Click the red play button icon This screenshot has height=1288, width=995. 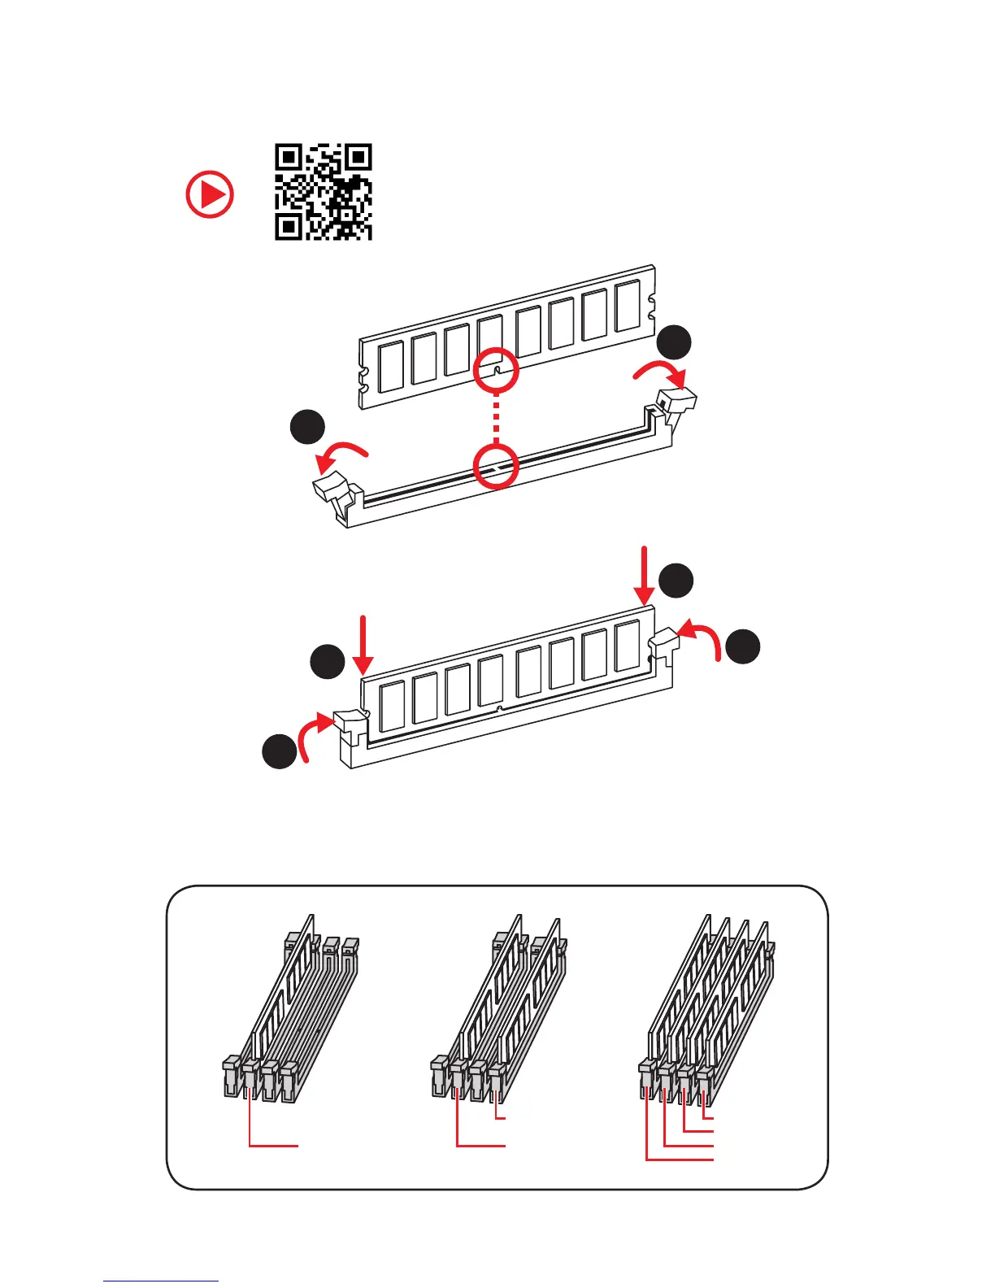(210, 194)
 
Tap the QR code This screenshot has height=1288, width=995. (323, 192)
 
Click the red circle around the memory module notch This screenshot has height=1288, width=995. (496, 370)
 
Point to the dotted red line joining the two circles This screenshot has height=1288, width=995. (496, 418)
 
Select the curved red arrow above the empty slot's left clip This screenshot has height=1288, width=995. (341, 455)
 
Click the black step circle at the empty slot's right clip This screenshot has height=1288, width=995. (674, 342)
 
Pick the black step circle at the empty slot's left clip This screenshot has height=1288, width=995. (308, 429)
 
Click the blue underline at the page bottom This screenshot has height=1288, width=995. (161, 1281)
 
